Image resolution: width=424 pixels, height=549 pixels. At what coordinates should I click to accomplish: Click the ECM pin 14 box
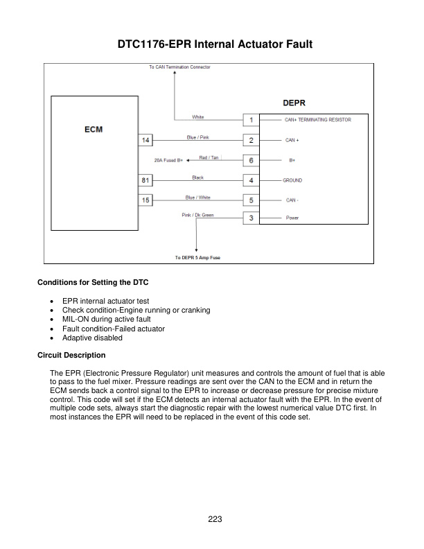click(x=146, y=140)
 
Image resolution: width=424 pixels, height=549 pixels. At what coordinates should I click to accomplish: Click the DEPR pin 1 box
click(x=250, y=120)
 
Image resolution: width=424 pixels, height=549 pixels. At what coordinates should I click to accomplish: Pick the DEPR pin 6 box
click(x=250, y=160)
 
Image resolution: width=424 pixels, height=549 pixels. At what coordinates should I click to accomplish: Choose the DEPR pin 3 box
click(x=250, y=218)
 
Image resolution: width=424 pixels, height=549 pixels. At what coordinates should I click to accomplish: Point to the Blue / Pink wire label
click(x=198, y=137)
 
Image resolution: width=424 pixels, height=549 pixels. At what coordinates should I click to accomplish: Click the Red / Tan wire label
click(x=210, y=157)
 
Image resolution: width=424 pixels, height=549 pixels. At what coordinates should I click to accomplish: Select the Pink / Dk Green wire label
click(x=198, y=215)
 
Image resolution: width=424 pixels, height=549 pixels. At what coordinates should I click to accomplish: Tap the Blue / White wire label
click(x=198, y=198)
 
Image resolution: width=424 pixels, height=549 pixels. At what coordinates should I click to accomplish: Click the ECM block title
click(x=94, y=129)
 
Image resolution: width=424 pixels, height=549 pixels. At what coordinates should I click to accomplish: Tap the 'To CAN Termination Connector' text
click(x=180, y=67)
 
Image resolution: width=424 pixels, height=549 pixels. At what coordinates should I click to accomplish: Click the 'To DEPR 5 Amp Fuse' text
click(x=197, y=258)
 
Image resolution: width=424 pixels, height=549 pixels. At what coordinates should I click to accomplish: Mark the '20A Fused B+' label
click(x=168, y=160)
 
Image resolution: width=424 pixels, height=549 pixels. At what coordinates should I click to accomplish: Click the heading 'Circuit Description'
click(x=71, y=356)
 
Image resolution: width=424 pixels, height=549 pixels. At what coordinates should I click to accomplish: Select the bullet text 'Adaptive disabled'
click(x=92, y=338)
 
